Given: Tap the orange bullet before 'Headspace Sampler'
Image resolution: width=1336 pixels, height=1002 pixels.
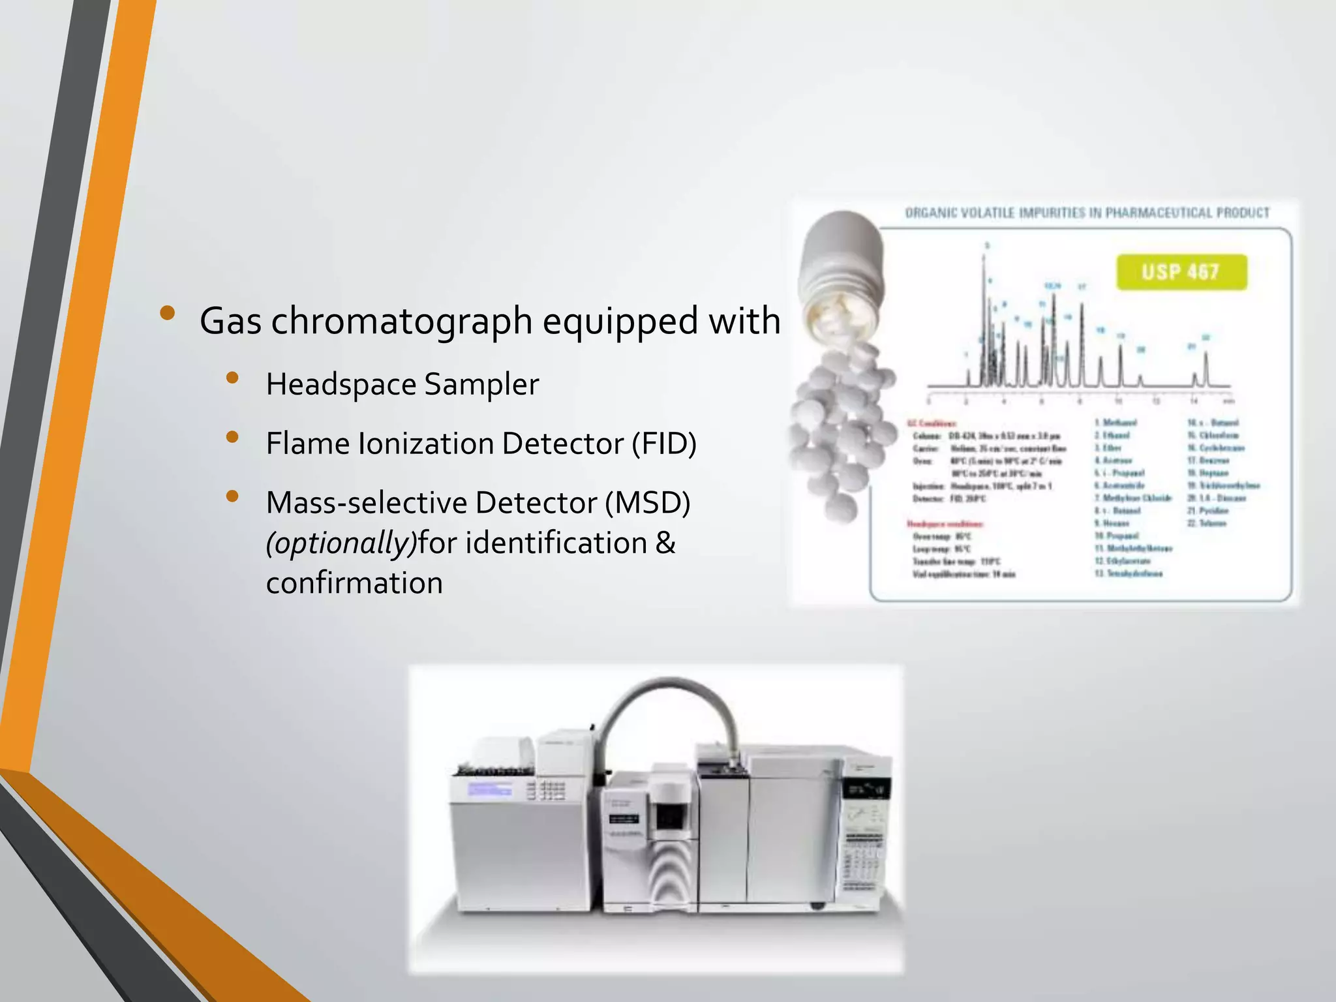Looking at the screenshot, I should point(232,378).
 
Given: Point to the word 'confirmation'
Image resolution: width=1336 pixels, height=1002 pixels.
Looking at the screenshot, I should point(354,583).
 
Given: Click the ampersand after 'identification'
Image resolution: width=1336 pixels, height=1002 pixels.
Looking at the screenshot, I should point(665,543).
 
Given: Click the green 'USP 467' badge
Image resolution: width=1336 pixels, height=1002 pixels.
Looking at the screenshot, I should point(1181,272).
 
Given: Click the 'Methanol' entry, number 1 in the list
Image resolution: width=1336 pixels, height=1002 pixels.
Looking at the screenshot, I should point(1119,423).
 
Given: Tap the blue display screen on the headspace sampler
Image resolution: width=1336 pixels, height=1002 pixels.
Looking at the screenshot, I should point(489,790).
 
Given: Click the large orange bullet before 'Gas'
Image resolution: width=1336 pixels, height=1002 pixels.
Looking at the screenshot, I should point(168,313).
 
